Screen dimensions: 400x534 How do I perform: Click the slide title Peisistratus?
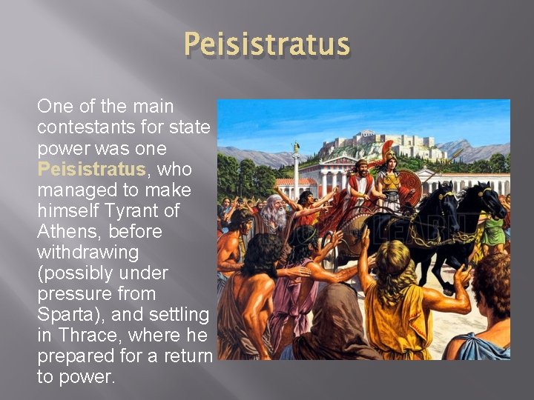[x=267, y=44]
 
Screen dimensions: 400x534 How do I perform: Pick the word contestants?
[x=87, y=127]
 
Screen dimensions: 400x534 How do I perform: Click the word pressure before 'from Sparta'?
[x=74, y=293]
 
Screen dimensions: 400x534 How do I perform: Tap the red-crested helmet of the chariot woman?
[x=389, y=152]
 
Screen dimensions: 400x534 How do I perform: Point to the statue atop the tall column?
[x=296, y=147]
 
